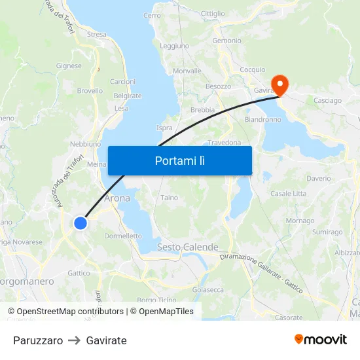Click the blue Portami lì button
(179, 160)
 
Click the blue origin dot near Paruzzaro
(81, 223)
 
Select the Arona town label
(117, 198)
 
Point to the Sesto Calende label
(187, 247)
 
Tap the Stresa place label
(96, 34)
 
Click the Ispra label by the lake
(165, 128)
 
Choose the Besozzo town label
(219, 86)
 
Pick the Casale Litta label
(288, 194)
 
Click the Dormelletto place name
(123, 236)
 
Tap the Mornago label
(300, 221)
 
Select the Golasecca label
(208, 289)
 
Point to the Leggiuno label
(174, 46)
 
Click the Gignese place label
(69, 65)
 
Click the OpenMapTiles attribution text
(166, 312)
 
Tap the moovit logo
(321, 340)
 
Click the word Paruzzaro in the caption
(38, 340)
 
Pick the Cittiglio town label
(213, 13)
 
